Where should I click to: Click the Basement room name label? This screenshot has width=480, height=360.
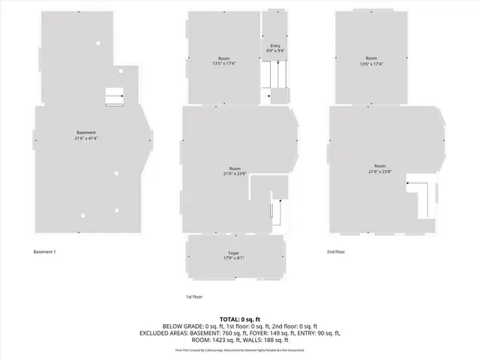pos(85,133)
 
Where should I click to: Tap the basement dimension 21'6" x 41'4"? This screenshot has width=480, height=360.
pos(85,139)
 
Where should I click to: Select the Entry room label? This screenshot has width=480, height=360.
pos(275,46)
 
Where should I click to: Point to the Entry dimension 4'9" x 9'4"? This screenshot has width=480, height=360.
pos(275,51)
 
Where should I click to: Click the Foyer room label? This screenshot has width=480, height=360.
pos(234,253)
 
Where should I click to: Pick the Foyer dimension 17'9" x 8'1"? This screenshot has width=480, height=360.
pos(234,259)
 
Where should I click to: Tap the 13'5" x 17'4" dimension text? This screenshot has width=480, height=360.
pos(224,64)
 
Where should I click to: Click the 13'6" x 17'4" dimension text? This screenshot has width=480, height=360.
pos(371,64)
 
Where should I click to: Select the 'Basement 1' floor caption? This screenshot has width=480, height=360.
pos(44,252)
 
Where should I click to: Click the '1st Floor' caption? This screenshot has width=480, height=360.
pos(194,296)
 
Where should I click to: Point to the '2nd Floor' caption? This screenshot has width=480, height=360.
pos(336,252)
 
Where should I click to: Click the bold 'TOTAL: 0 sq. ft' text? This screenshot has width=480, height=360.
pos(240,319)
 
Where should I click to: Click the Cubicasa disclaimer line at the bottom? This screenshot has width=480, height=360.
pos(240,349)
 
